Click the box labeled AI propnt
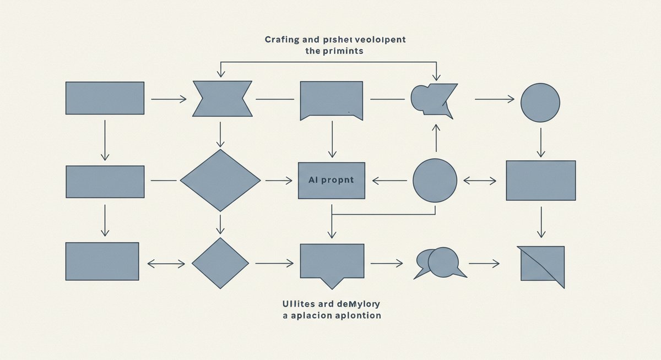click(x=331, y=181)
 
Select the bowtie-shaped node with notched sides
click(x=222, y=99)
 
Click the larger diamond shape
click(x=220, y=181)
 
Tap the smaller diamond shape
click(x=220, y=263)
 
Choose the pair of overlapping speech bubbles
click(x=440, y=263)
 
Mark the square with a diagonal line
click(x=542, y=264)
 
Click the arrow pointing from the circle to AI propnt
click(x=390, y=181)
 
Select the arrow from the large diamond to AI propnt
click(x=279, y=181)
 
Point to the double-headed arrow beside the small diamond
click(x=166, y=264)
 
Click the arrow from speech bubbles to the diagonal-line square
click(x=484, y=264)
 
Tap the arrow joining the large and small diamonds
click(x=220, y=224)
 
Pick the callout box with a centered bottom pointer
click(x=332, y=262)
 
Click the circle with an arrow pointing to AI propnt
click(x=435, y=181)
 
